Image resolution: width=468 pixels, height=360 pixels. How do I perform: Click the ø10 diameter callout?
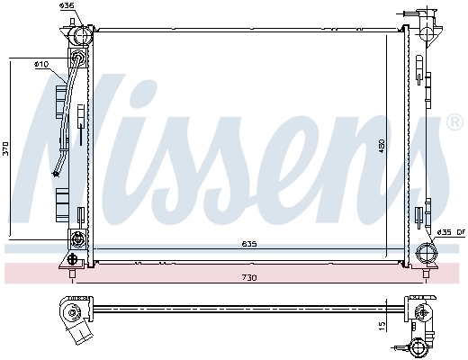[40, 65]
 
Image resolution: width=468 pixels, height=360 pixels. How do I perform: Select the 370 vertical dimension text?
[7, 148]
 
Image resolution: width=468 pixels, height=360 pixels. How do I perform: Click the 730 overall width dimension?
[248, 277]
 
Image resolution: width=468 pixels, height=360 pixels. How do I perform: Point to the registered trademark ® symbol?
[455, 122]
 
